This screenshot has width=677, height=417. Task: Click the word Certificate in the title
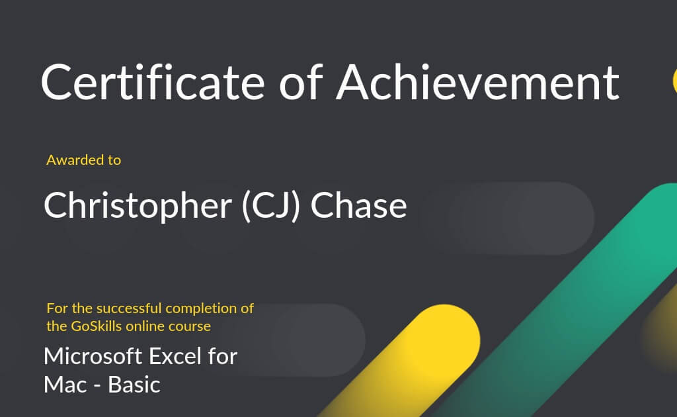point(153,82)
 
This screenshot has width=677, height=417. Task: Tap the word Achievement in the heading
point(477,82)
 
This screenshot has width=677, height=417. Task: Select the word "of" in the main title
point(301,82)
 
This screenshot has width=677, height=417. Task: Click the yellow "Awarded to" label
point(84,160)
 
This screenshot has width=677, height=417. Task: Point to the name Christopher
point(138,207)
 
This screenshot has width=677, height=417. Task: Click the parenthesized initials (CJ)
point(270,206)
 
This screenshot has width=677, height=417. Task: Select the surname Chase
point(359,205)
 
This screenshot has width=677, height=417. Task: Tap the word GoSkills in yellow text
point(97,326)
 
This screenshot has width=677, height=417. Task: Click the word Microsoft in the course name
point(93,357)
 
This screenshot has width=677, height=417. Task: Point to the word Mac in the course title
point(65,385)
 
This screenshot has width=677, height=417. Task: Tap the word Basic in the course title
point(134,385)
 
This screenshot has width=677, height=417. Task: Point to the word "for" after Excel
point(223,357)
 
